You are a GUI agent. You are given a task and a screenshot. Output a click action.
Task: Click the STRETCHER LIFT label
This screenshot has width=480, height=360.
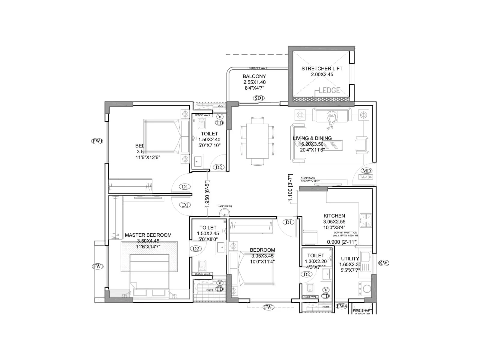322,69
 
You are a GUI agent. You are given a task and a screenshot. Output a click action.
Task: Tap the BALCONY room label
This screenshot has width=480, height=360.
254,76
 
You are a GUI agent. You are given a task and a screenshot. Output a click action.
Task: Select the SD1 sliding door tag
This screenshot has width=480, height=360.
259,98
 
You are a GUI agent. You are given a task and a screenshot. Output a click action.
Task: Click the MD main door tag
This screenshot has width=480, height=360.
366,171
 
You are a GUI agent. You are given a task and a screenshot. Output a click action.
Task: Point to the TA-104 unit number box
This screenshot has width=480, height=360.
366,177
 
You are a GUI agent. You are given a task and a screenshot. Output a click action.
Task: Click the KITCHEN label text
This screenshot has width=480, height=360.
334,216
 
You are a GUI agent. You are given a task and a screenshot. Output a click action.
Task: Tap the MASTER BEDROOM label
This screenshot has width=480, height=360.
148,235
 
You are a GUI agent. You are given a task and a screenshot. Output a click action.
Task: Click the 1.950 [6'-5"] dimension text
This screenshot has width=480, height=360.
207,194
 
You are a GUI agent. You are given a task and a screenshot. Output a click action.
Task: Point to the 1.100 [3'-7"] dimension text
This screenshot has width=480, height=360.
290,188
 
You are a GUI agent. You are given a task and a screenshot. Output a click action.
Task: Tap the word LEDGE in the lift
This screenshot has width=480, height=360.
329,90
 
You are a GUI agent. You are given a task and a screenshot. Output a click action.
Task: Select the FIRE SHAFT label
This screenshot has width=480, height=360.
362,310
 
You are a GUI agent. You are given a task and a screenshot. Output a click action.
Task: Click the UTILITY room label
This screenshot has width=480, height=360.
350,259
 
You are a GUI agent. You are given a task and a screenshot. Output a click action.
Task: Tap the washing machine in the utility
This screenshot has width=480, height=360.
367,289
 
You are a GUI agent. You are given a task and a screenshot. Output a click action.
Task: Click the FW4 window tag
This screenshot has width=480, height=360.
341,306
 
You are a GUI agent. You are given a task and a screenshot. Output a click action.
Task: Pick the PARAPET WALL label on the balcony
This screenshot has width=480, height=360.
258,68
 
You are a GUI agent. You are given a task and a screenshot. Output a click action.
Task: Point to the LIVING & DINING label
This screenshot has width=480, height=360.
312,138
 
